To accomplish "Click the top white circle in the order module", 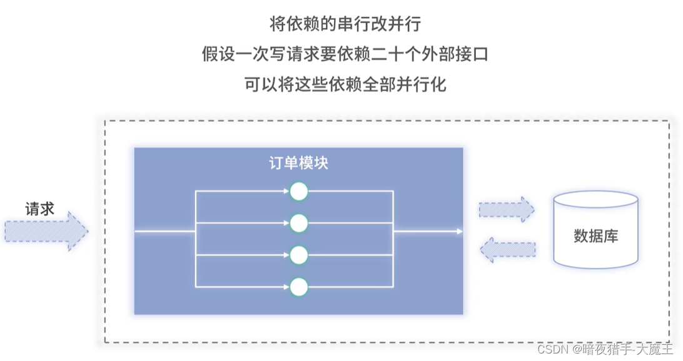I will pos(299,191).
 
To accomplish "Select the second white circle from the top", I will pos(299,223).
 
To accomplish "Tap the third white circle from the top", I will pos(299,255).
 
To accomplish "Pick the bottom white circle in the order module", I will pos(299,287).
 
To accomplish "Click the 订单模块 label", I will pos(298,164).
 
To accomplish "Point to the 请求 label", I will pos(39,209).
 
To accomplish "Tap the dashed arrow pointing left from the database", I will pos(507,249).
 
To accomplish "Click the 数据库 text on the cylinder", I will pos(595,236).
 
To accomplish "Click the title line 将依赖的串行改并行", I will pos(345,24).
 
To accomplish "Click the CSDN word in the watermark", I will pos(552,349).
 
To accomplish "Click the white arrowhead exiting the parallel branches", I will pos(460,232).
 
